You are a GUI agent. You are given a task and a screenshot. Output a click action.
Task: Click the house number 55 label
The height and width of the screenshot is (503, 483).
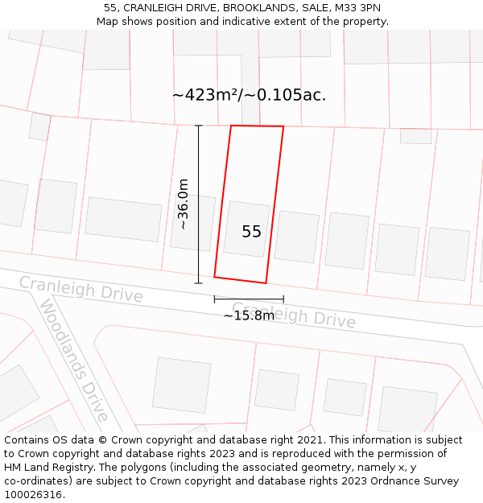(251, 232)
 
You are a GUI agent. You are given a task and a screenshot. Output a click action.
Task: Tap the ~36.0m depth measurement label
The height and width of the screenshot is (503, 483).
(184, 204)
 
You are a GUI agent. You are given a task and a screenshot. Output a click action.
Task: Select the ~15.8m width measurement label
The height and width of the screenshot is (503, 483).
(249, 315)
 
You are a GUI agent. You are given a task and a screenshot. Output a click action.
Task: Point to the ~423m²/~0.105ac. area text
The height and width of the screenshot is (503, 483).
(249, 95)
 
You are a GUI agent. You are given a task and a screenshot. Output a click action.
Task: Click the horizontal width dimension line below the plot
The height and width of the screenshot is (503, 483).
(249, 299)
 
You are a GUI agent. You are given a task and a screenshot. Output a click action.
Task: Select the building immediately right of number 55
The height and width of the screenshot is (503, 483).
(297, 237)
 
